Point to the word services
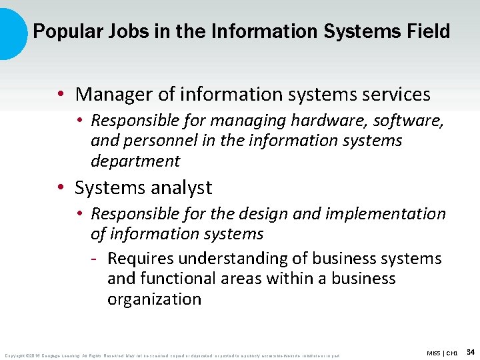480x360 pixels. pos(394,95)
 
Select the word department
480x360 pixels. pos(135,161)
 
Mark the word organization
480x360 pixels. pos(154,299)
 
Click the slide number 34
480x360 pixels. pos(470,351)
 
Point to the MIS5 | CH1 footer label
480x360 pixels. pos(443,352)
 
